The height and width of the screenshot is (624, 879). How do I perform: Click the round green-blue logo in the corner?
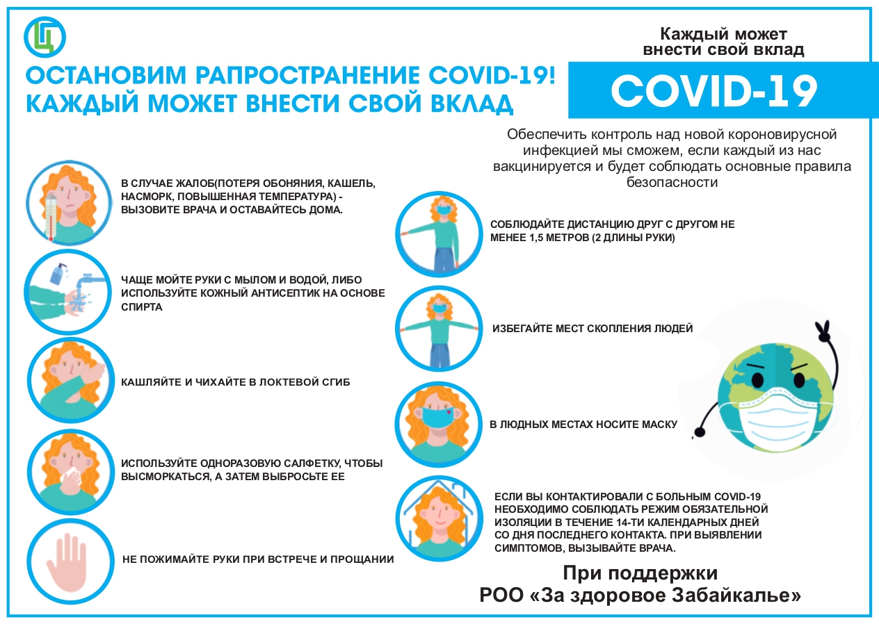(x=45, y=37)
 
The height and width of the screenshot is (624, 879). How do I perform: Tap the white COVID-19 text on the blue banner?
(x=713, y=91)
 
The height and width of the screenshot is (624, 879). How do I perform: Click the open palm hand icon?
(x=67, y=561)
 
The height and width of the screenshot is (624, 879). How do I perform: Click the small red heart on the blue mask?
(x=449, y=413)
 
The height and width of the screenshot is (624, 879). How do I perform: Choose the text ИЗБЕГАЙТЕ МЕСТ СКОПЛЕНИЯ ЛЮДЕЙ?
(x=592, y=328)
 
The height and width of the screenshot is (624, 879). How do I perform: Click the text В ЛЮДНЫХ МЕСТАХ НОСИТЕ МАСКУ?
(x=583, y=424)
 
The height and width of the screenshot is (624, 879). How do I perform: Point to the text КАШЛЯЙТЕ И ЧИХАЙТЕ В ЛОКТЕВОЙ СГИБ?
(x=236, y=382)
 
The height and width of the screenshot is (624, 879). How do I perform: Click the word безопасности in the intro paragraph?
(x=672, y=182)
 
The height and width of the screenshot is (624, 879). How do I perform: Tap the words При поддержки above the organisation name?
(x=640, y=573)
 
